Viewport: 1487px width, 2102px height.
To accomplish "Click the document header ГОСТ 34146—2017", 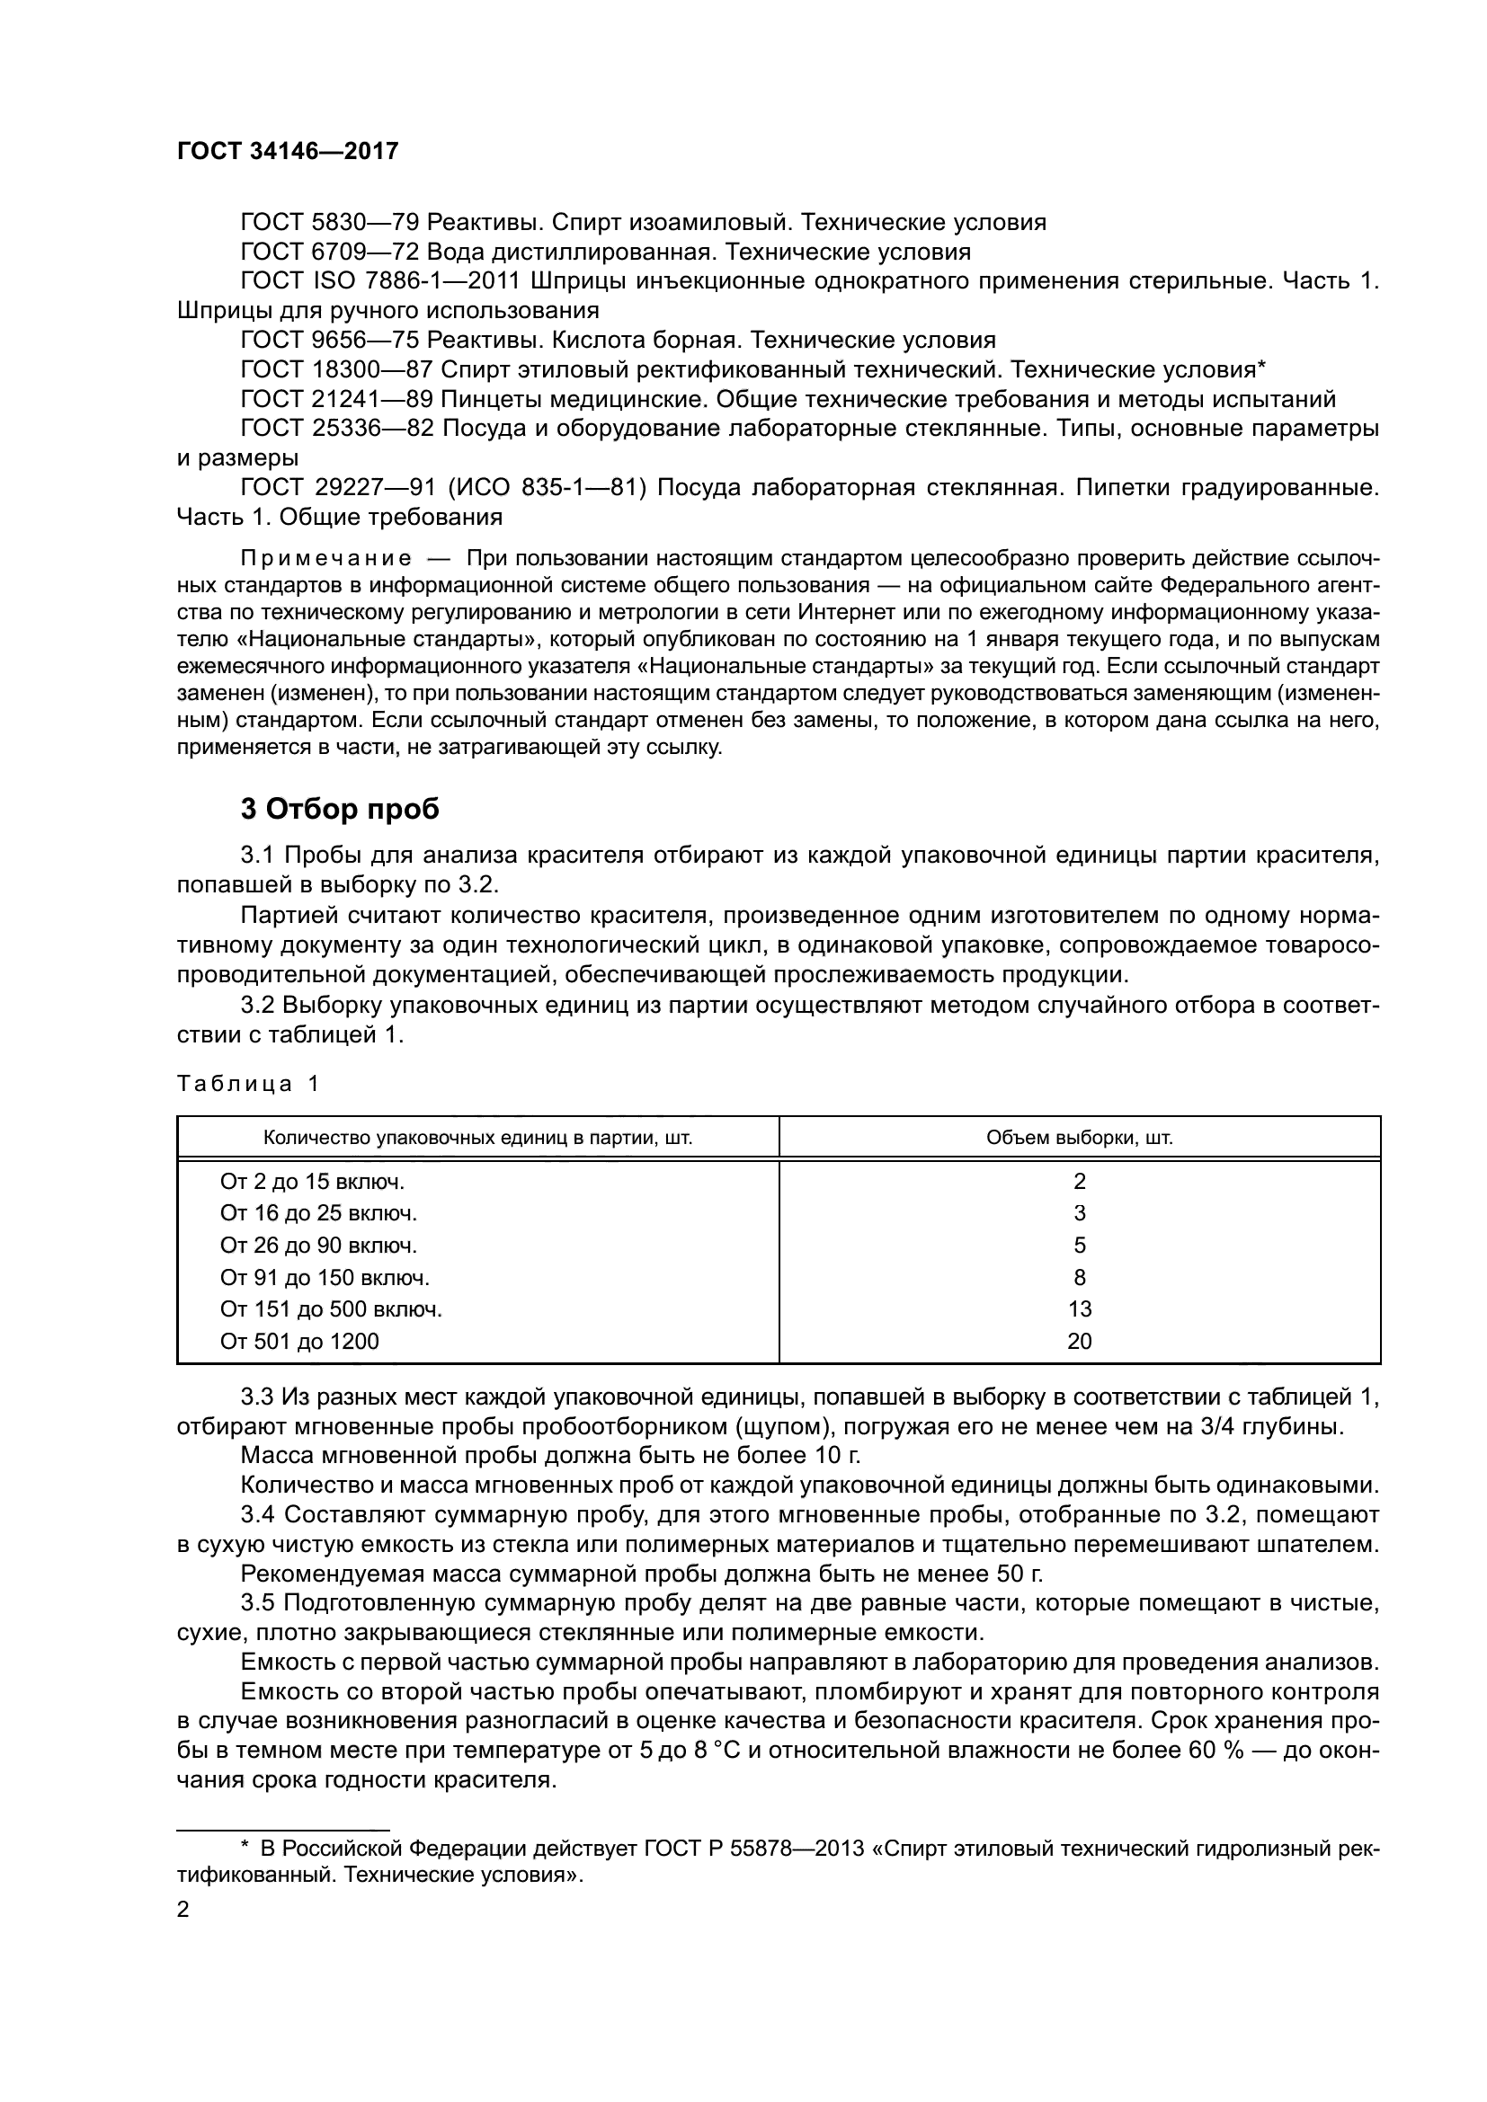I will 288,151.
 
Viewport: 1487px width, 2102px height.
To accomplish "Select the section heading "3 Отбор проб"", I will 340,810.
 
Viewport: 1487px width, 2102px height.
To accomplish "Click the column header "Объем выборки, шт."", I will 1079,1138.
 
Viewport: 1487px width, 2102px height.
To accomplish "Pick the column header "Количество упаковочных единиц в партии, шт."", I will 477,1138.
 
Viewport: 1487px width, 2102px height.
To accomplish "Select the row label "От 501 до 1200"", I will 299,1341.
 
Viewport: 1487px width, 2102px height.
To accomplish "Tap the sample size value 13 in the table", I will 1080,1309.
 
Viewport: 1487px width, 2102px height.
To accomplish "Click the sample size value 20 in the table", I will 1080,1341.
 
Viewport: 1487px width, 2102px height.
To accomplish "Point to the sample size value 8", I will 1080,1277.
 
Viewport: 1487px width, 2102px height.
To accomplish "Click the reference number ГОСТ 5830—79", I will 330,223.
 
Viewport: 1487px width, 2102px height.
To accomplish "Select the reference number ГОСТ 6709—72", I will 330,252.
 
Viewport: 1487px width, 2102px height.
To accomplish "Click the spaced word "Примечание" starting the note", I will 325,558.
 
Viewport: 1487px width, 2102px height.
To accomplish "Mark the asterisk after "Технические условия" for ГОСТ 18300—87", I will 1260,366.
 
